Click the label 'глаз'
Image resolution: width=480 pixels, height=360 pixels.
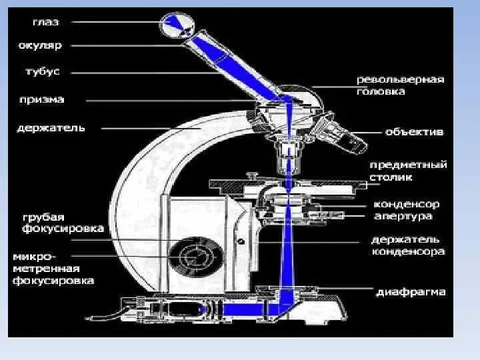45,22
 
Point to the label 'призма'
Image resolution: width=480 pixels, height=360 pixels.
41,99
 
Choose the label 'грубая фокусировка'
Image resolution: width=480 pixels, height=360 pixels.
61,223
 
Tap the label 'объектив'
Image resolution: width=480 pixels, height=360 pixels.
414,131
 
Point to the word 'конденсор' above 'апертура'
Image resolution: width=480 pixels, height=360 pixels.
407,205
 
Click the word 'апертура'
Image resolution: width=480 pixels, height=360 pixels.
403,216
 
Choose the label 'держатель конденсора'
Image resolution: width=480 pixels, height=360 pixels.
408,245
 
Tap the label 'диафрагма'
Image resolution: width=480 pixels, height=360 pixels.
411,292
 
